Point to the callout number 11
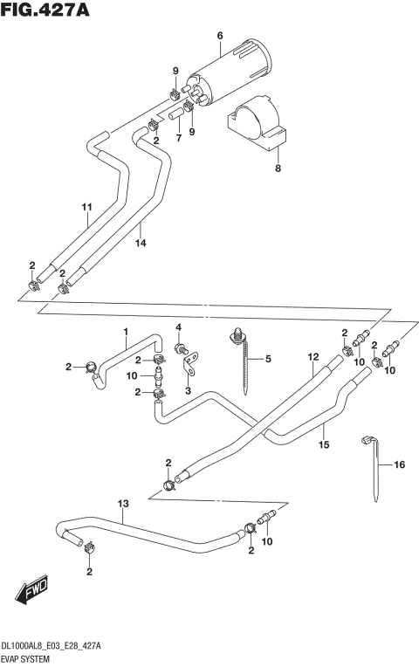[x=86, y=207]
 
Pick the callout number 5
[x=268, y=358]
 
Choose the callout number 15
[x=323, y=444]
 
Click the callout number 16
[x=399, y=465]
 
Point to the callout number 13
[x=123, y=505]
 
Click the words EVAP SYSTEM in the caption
[x=28, y=659]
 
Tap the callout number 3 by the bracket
[x=187, y=392]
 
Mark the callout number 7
[x=177, y=138]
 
